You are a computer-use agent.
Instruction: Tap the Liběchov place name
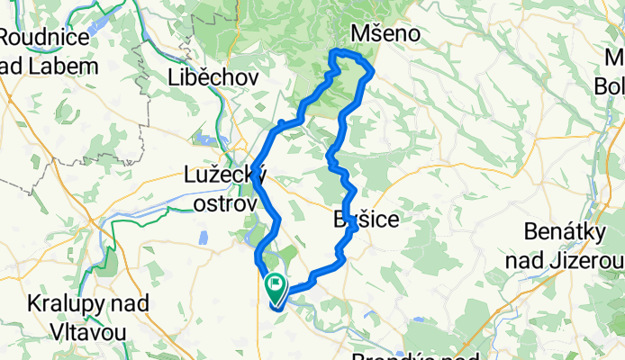click(213, 78)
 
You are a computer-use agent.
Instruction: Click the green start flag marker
click(275, 288)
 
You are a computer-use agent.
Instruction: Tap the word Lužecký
click(223, 175)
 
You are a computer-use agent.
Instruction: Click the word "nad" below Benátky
click(544, 262)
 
